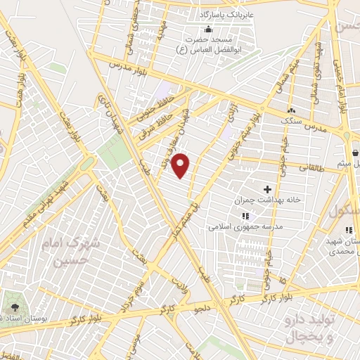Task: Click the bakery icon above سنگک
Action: [x=290, y=111]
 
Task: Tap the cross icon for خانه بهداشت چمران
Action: [x=267, y=188]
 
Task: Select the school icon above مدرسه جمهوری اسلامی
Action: [x=245, y=216]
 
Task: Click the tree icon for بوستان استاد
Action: [x=14, y=308]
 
